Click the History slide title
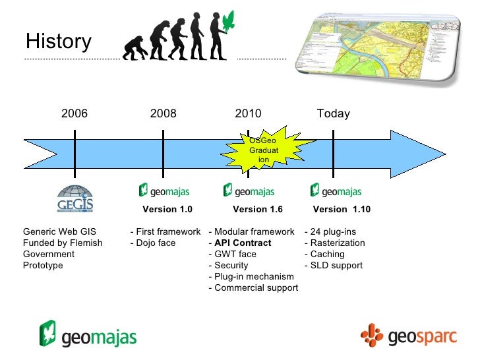pyautogui.click(x=58, y=42)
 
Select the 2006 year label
pyautogui.click(x=75, y=113)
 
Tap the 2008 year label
pyautogui.click(x=164, y=113)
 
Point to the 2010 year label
pyautogui.click(x=249, y=113)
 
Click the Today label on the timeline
pyautogui.click(x=333, y=113)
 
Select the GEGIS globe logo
pyautogui.click(x=75, y=198)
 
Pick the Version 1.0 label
pyautogui.click(x=167, y=210)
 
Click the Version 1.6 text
pyautogui.click(x=258, y=210)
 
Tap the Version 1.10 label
pyautogui.click(x=342, y=210)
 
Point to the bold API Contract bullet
pyautogui.click(x=242, y=243)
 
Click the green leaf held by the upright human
pyautogui.click(x=229, y=21)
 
